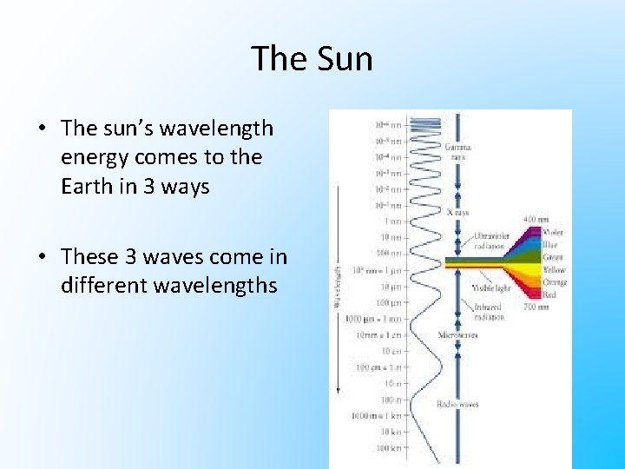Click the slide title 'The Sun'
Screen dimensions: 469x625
(312, 59)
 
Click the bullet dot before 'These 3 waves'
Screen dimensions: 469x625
(42, 257)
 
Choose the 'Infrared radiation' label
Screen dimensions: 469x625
(490, 312)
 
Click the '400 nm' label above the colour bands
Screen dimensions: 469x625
(536, 220)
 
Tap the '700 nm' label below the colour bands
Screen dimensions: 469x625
(536, 306)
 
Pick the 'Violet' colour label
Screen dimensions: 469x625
(552, 233)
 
